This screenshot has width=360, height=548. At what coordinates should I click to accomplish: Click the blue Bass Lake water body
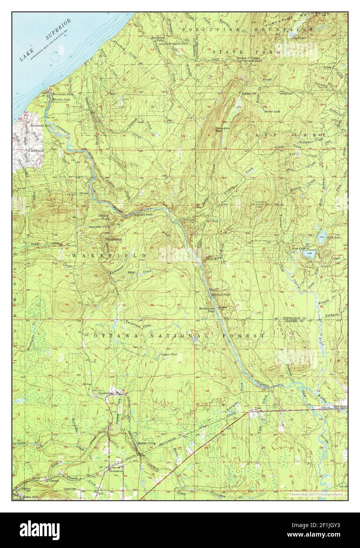[x=310, y=254]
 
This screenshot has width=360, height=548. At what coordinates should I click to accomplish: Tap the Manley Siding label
[x=147, y=443]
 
